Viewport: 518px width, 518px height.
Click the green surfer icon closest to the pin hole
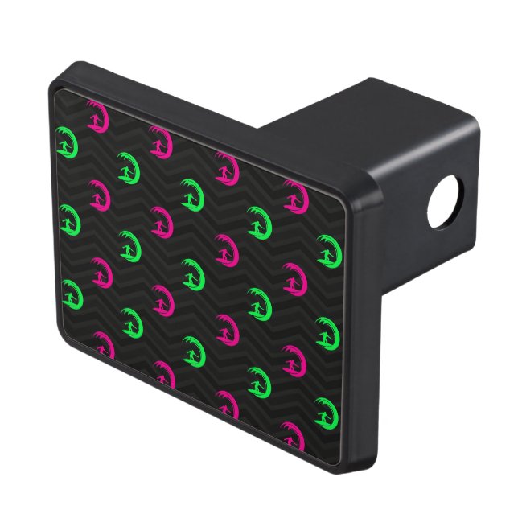[328, 251]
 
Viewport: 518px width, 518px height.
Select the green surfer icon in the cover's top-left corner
[67, 142]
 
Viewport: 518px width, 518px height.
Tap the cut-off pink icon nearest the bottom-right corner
[291, 435]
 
